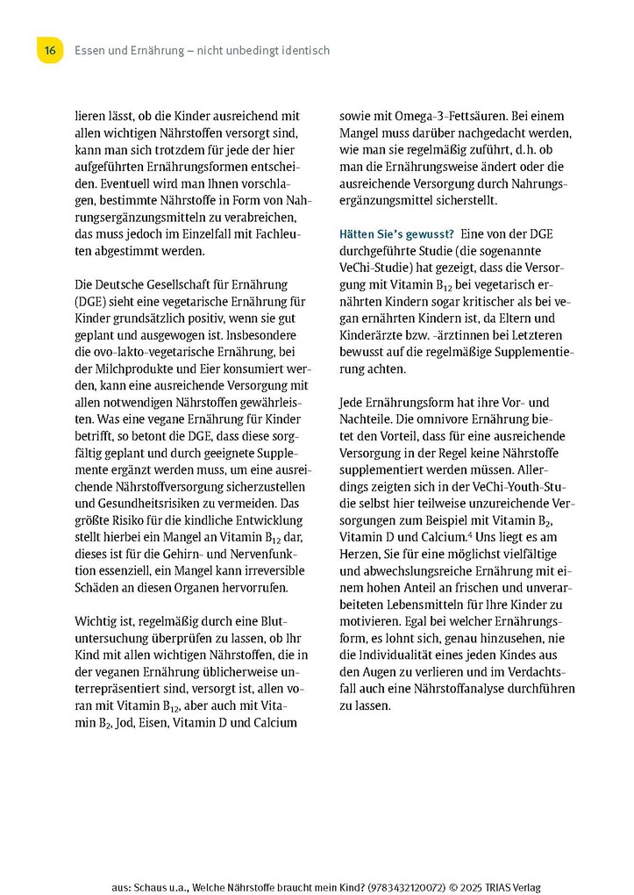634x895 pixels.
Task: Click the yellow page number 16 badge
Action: click(x=50, y=51)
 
